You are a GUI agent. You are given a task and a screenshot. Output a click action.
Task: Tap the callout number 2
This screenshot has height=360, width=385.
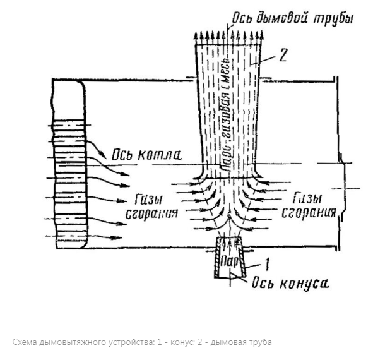click(283, 56)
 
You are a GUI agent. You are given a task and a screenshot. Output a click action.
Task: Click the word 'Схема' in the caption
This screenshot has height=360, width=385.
click(26, 342)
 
